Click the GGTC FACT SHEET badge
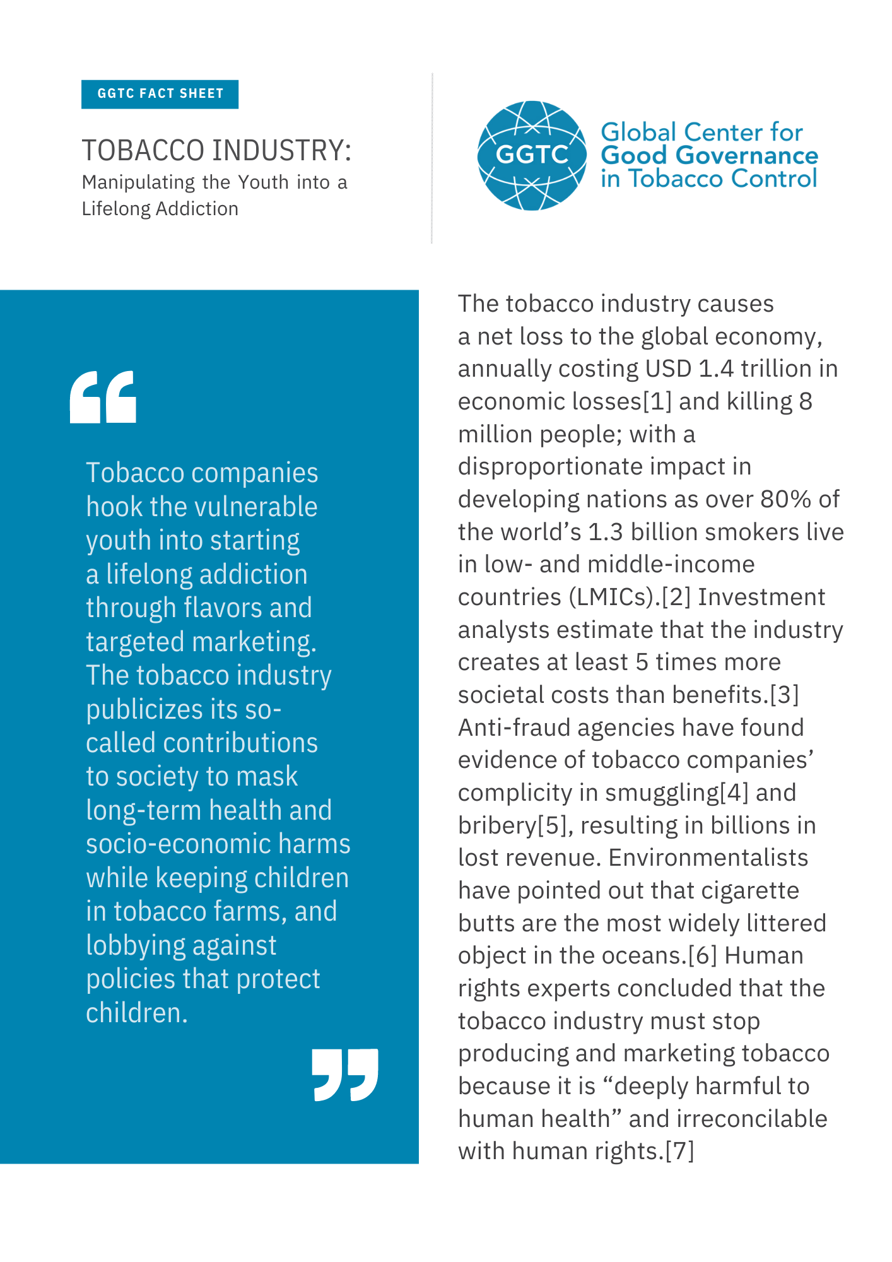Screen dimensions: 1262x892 tap(160, 94)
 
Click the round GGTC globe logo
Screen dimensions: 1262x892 tap(531, 155)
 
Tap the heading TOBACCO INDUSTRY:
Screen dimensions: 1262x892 tap(216, 151)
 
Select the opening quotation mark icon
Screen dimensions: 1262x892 tap(103, 397)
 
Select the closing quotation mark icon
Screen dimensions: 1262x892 tap(345, 1075)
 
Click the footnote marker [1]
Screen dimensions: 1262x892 tap(657, 402)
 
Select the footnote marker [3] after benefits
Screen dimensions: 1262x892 tap(784, 695)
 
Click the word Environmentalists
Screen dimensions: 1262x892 tap(708, 858)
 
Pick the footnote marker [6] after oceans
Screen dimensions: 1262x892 tap(702, 956)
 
